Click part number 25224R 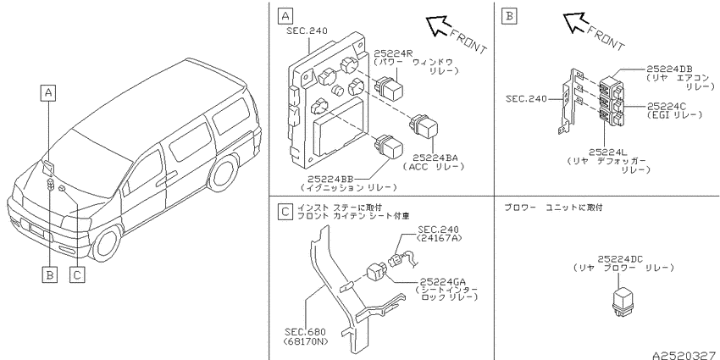point(395,53)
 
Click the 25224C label point(667,107)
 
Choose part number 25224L point(608,152)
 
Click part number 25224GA point(442,282)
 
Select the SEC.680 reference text point(305,332)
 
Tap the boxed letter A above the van point(48,93)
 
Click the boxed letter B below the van point(50,274)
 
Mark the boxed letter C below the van point(77,274)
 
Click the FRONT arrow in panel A point(438,25)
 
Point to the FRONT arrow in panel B point(575,23)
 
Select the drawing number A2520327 point(686,356)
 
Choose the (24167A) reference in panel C point(440,238)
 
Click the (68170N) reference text point(307,341)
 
